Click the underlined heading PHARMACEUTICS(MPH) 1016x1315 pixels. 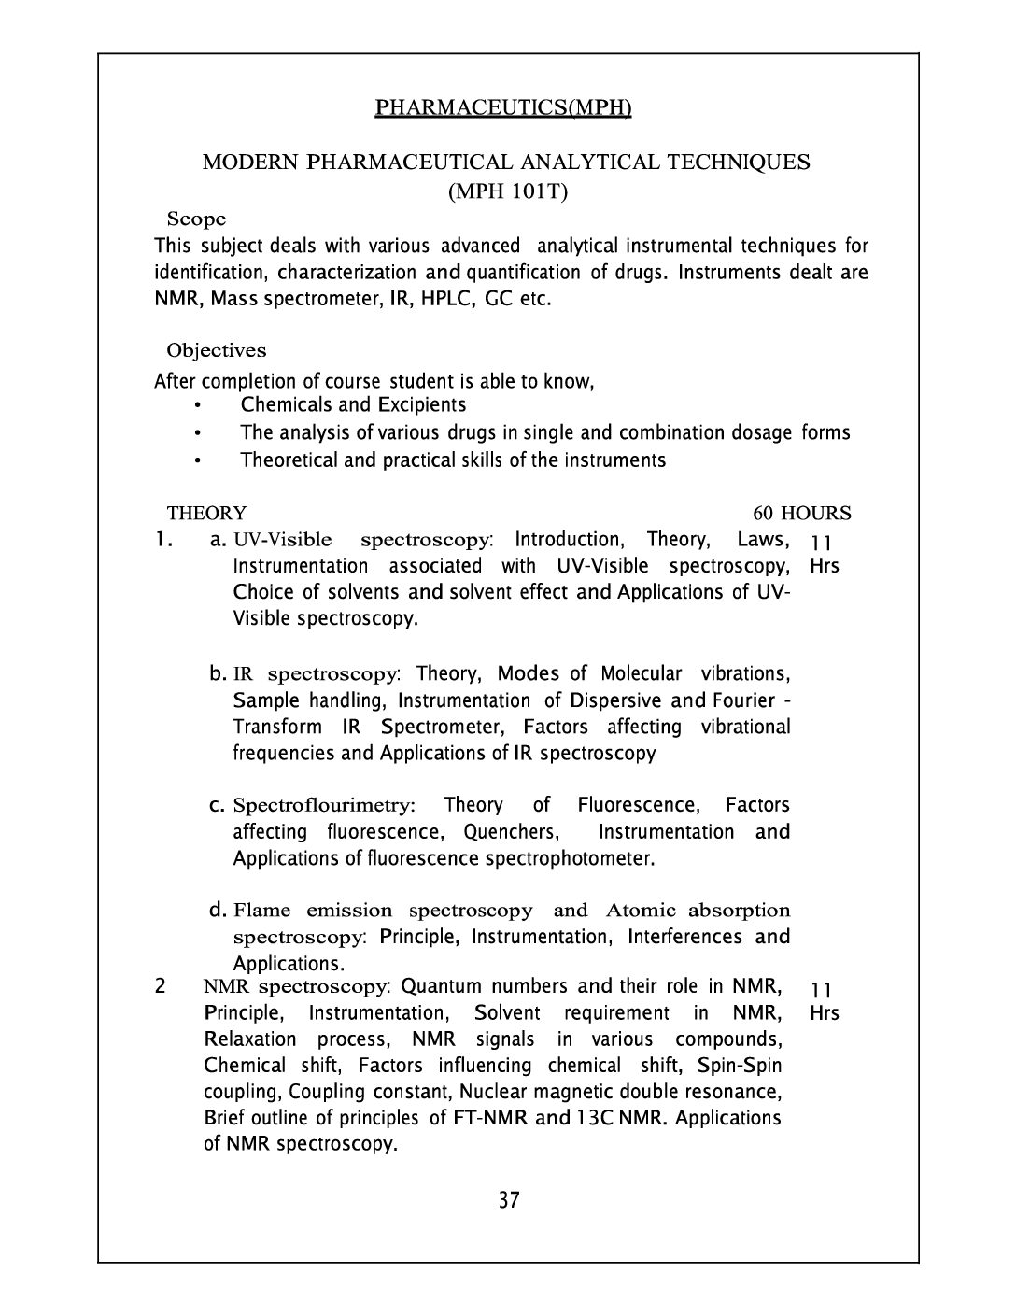pyautogui.click(x=503, y=108)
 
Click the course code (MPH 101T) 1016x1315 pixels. pyautogui.click(x=508, y=191)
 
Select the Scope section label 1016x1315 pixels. pyautogui.click(x=196, y=219)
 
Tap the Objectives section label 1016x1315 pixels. pyautogui.click(x=216, y=351)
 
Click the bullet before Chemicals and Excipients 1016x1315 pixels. pyautogui.click(x=198, y=405)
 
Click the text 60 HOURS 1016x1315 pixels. pyautogui.click(x=802, y=514)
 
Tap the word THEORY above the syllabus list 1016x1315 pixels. pyautogui.click(x=206, y=514)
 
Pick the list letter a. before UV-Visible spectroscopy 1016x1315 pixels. pyautogui.click(x=219, y=540)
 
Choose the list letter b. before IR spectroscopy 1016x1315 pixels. pyautogui.click(x=219, y=673)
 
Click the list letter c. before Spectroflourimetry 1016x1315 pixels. pyautogui.click(x=219, y=805)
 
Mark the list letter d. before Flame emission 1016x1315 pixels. pyautogui.click(x=219, y=910)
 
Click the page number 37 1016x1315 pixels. pyautogui.click(x=508, y=1200)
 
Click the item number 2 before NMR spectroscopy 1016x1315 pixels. pyautogui.click(x=162, y=986)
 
